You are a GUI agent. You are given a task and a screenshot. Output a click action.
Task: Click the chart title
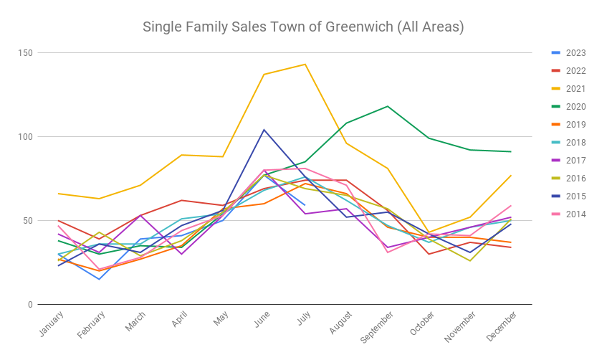click(303, 27)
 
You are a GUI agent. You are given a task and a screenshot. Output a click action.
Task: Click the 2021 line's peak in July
click(305, 65)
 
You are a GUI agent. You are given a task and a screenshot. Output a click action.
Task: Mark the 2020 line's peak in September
click(388, 106)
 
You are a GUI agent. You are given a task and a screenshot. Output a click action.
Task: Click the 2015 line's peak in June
click(264, 130)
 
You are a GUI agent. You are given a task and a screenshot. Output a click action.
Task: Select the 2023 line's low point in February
click(99, 279)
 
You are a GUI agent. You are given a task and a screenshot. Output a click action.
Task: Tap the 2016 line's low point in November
click(470, 260)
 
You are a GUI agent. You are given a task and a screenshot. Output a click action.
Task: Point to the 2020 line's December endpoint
click(511, 151)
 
